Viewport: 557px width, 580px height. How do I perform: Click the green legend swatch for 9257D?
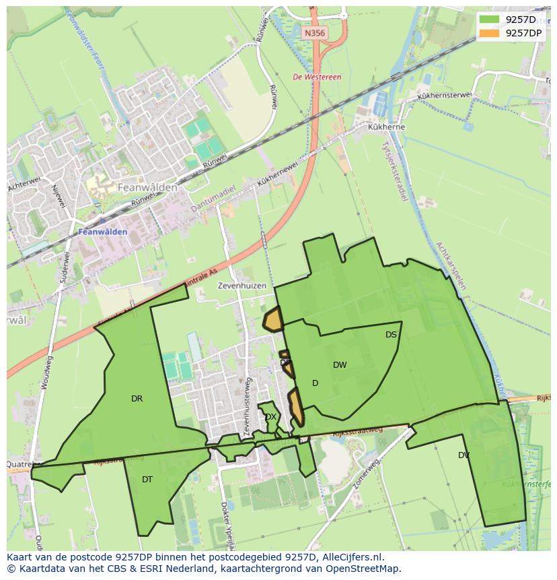(x=490, y=20)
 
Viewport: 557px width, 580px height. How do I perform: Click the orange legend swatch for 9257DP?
(x=490, y=33)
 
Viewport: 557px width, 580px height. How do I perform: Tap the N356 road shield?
(x=313, y=32)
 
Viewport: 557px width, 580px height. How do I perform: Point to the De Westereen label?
(x=318, y=77)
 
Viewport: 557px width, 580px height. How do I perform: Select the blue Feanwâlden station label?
(x=103, y=232)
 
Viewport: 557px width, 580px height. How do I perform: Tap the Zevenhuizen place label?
(x=242, y=286)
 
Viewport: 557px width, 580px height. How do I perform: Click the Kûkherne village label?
(x=386, y=127)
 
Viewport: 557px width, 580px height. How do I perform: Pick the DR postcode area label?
(x=137, y=399)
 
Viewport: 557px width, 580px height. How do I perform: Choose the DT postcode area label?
(x=147, y=480)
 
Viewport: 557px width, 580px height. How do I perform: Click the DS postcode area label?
(x=391, y=335)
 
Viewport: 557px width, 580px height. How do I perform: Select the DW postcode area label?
(x=340, y=365)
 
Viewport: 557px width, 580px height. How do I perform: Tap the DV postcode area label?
(x=463, y=455)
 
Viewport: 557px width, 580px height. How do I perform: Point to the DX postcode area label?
(x=270, y=417)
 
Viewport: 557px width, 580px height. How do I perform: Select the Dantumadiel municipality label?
(x=213, y=199)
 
